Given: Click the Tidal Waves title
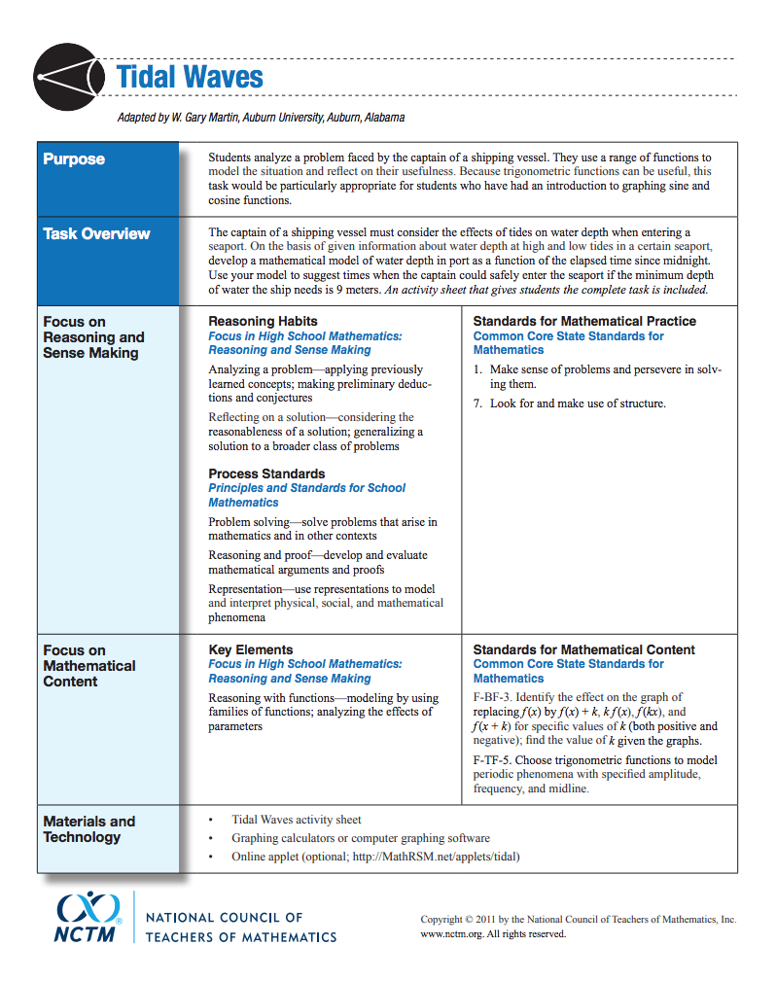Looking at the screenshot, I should pyautogui.click(x=190, y=77).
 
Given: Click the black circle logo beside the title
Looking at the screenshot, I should pyautogui.click(x=67, y=77).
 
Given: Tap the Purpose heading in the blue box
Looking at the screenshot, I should pyautogui.click(x=74, y=159).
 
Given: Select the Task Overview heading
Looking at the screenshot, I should pyautogui.click(x=96, y=233).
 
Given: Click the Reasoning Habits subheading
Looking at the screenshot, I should pyautogui.click(x=263, y=321).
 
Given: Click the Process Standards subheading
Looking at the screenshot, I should pyautogui.click(x=266, y=473).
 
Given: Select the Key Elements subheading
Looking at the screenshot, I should pyautogui.click(x=250, y=649).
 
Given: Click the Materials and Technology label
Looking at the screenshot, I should pyautogui.click(x=88, y=828).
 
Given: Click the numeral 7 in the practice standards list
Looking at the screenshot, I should pyautogui.click(x=477, y=403).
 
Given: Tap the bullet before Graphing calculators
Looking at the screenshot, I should pyautogui.click(x=211, y=838).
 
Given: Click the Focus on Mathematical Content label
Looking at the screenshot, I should pyautogui.click(x=88, y=665).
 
